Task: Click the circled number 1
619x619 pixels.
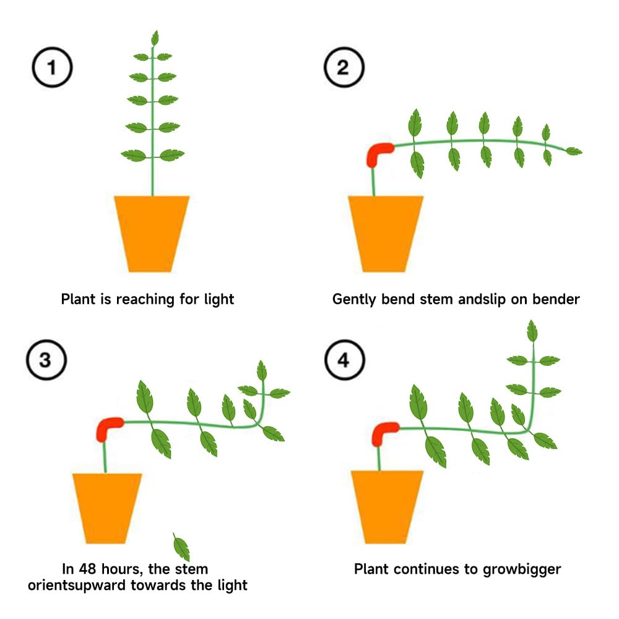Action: tap(52, 67)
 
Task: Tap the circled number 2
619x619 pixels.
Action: tap(344, 67)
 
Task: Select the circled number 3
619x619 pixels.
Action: tap(46, 360)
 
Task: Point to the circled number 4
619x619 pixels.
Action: tap(345, 360)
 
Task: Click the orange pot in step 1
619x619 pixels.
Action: tap(152, 234)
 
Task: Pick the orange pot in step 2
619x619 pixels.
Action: tap(385, 234)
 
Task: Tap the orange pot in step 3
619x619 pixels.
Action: tap(106, 508)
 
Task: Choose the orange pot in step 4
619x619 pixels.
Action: tap(387, 508)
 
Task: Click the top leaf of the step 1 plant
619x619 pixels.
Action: tap(155, 38)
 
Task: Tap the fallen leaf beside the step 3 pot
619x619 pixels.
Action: tap(181, 547)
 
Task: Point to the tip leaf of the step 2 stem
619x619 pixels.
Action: tap(574, 151)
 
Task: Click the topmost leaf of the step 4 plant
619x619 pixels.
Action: tap(532, 331)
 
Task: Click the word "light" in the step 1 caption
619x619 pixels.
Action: tap(219, 299)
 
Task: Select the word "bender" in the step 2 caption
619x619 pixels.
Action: tap(556, 299)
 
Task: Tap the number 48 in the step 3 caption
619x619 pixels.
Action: tap(87, 569)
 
